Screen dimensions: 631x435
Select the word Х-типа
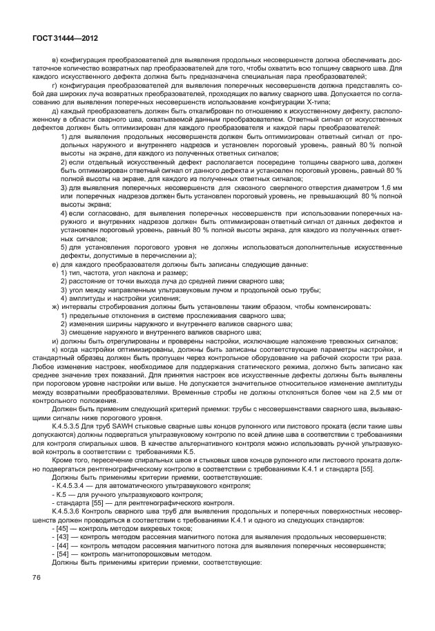(314, 102)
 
